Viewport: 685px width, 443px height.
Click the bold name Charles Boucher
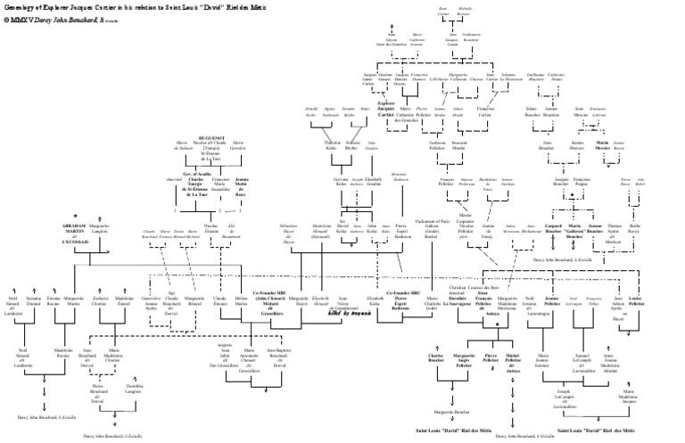(435, 361)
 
